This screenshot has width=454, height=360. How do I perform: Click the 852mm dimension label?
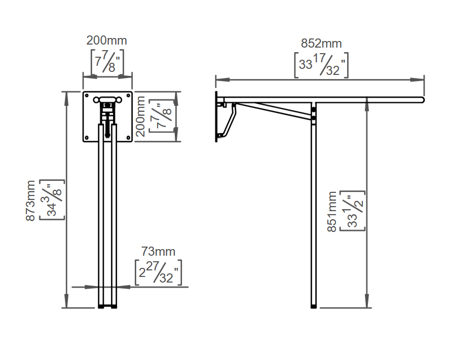pos(321,44)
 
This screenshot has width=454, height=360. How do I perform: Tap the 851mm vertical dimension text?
pos(332,212)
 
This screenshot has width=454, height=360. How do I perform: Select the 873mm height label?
pos(30,201)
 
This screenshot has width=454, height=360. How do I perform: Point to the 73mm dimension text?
pos(158,252)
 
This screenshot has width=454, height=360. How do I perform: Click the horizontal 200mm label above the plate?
pos(106,41)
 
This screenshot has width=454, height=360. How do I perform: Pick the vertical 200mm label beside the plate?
pos(140,116)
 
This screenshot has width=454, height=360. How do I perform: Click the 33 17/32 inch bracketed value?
pos(321,65)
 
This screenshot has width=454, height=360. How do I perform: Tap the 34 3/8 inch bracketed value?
pos(52,200)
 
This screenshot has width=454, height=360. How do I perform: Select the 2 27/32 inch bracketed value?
pos(159,272)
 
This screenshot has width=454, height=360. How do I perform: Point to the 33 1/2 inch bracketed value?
pos(352,211)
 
